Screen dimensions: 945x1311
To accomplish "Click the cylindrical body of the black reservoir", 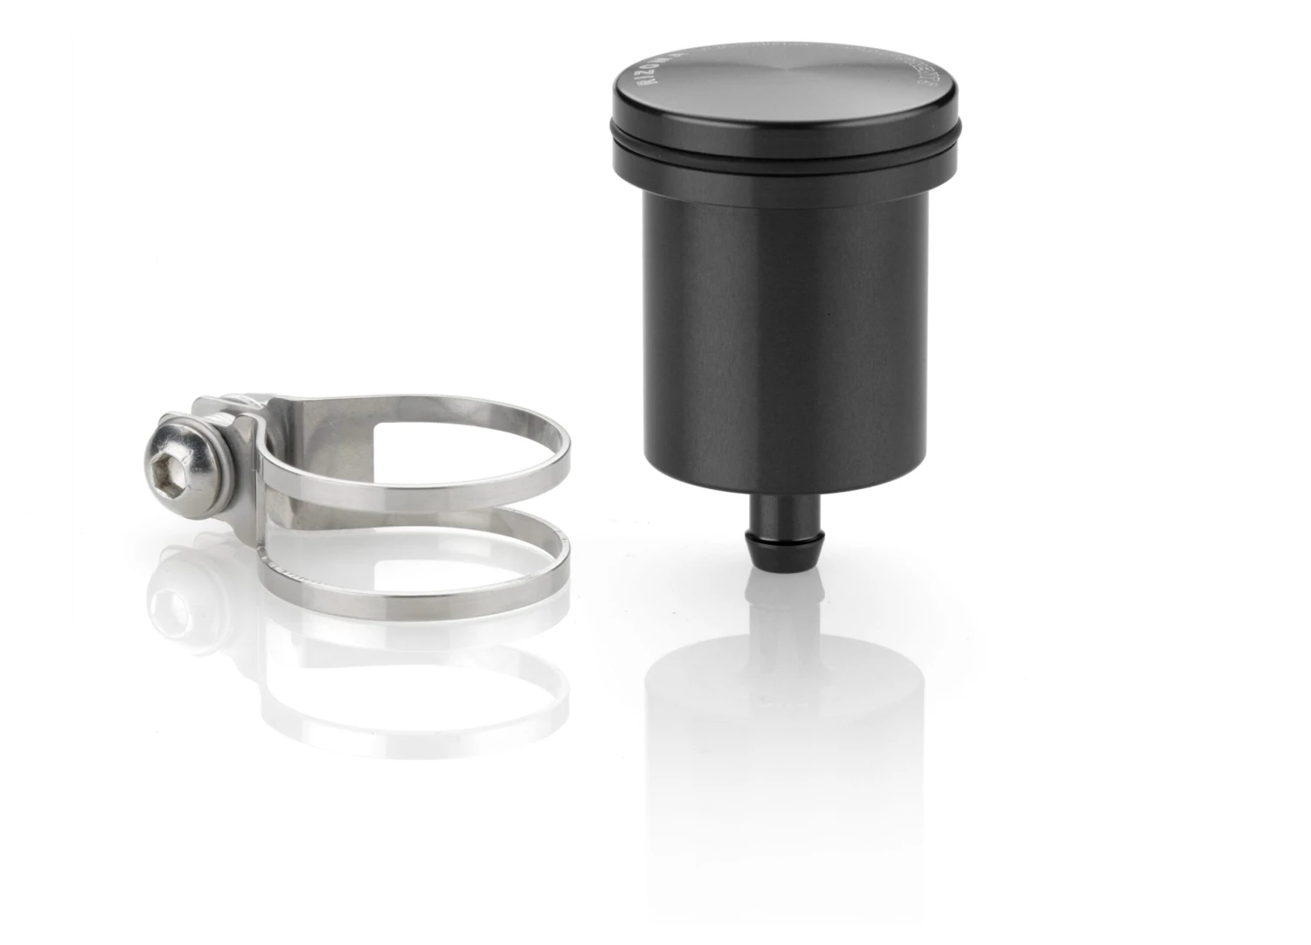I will point(783,332).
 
